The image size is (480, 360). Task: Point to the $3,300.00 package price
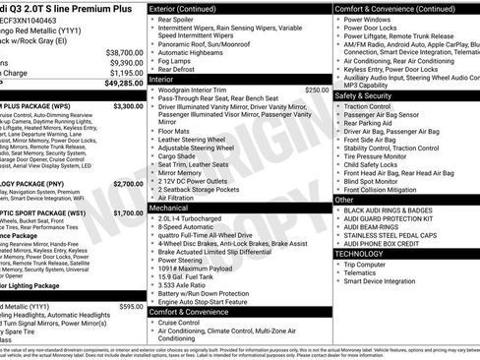click(128, 105)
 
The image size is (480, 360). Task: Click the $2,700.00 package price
click(128, 183)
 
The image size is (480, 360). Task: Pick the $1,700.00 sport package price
click(128, 212)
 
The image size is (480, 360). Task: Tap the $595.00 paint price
click(131, 306)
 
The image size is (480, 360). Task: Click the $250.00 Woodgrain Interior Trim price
click(317, 90)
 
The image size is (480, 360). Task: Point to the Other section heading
click(345, 199)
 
